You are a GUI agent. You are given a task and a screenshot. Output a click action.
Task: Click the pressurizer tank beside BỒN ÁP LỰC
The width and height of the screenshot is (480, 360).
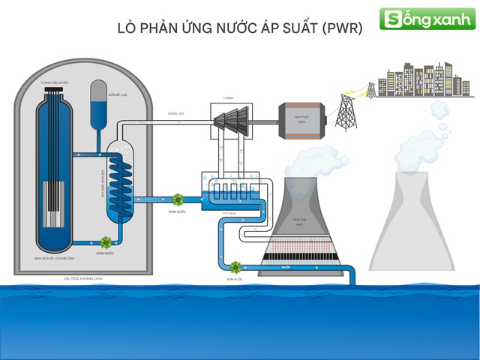(x=98, y=102)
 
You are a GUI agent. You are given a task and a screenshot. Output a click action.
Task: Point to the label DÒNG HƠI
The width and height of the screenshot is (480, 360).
(x=176, y=114)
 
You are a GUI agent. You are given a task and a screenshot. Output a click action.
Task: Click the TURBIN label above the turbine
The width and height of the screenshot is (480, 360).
(x=228, y=98)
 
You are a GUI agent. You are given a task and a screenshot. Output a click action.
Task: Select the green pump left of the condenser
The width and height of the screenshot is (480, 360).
(x=178, y=199)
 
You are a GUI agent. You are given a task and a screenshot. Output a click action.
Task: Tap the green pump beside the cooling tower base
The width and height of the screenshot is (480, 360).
(x=235, y=267)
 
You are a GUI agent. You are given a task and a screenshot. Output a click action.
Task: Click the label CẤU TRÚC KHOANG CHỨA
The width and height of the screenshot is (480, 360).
(x=82, y=278)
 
